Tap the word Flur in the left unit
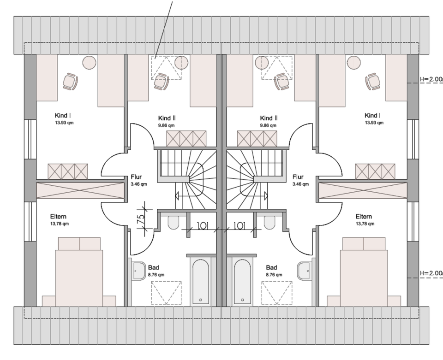tap(136, 177)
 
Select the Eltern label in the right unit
tap(364, 217)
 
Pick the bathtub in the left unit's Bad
tap(201, 281)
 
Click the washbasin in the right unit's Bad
tap(305, 271)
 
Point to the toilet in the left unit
tap(174, 223)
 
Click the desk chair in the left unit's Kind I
tap(70, 82)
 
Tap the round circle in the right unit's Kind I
tap(353, 62)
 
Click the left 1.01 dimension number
tap(202, 226)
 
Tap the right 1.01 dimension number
tap(239, 226)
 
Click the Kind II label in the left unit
tap(166, 118)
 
